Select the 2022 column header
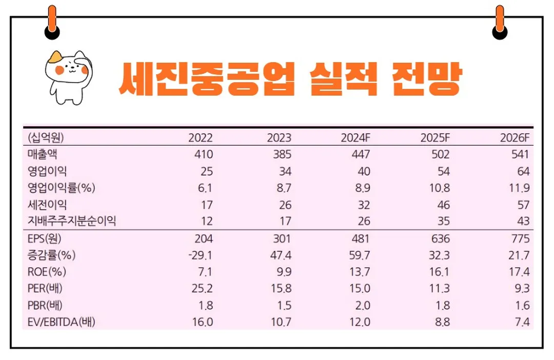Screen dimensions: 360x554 (201, 137)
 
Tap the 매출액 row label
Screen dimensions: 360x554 (46, 154)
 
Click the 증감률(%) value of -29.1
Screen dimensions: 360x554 (198, 255)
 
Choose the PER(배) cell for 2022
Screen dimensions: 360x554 (202, 288)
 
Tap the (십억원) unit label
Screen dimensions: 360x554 (48, 137)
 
